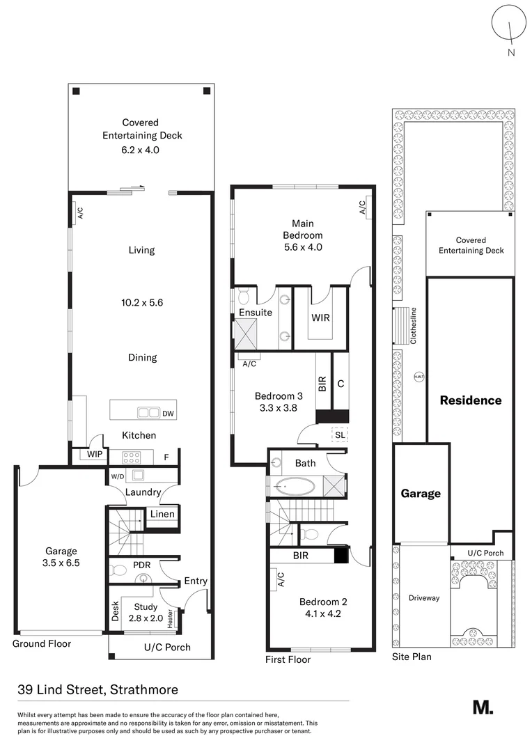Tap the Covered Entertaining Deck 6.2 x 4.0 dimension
132,149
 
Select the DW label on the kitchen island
168,414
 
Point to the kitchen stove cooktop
132,457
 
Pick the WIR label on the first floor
321,318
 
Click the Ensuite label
255,313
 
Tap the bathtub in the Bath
295,485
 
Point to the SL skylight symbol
339,434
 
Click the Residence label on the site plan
470,400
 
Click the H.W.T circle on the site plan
418,377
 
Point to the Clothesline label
413,326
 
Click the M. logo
483,707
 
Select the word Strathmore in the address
144,690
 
